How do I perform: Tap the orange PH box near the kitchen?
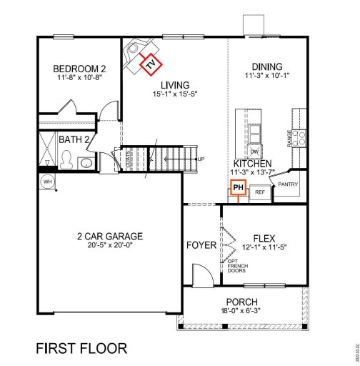pyautogui.click(x=238, y=189)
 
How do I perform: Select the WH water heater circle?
pyautogui.click(x=48, y=181)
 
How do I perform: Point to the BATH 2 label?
pyautogui.click(x=74, y=139)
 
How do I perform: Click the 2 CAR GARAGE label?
pyautogui.click(x=111, y=236)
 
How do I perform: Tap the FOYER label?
pyautogui.click(x=201, y=245)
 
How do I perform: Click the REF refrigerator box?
pyautogui.click(x=260, y=192)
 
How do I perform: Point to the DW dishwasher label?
pyautogui.click(x=254, y=151)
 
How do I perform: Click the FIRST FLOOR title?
pyautogui.click(x=82, y=349)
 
